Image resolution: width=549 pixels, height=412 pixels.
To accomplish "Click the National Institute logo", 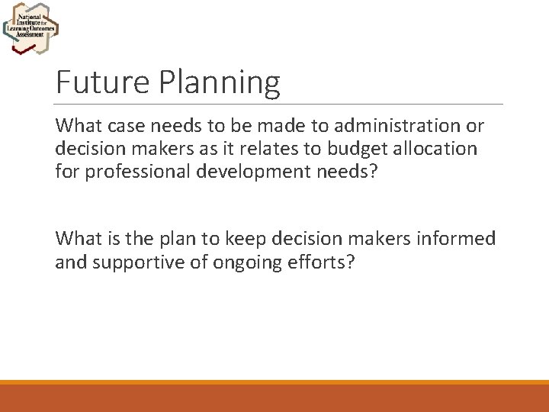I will [x=30, y=29].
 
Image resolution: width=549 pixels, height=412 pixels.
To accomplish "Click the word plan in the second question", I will [x=188, y=239].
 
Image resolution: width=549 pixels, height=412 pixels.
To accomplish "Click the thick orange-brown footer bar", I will [x=274, y=398].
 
